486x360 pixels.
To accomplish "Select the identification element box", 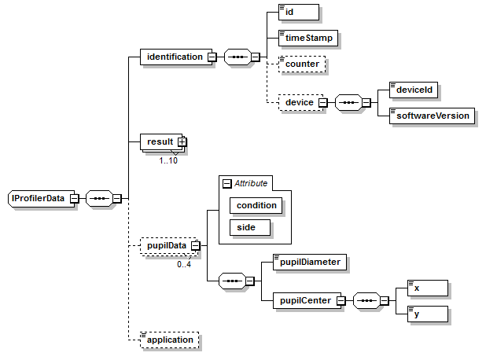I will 172,57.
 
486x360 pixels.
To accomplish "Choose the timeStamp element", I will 310,36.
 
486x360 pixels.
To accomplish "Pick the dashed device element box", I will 299,102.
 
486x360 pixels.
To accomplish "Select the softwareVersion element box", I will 433,116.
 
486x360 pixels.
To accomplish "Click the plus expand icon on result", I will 182,141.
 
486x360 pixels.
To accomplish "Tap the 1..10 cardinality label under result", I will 168,160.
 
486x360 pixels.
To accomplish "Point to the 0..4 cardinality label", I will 184,264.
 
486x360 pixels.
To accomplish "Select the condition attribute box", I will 256,205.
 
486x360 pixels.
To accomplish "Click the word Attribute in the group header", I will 251,183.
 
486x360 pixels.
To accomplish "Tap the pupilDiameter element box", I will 307,262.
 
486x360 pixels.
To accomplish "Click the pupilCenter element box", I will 303,300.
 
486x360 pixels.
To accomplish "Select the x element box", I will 427,288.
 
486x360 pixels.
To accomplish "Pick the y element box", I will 427,314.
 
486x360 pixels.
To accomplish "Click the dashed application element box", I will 168,340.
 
